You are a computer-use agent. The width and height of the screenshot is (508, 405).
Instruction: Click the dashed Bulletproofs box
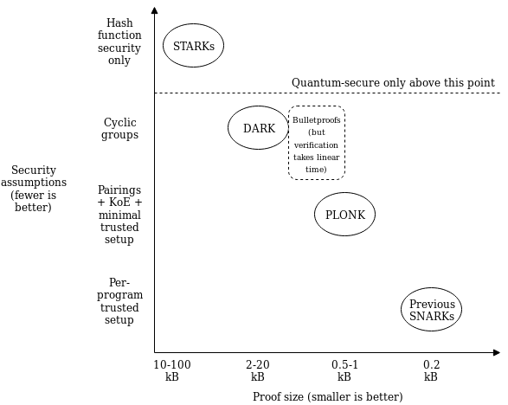point(288,143)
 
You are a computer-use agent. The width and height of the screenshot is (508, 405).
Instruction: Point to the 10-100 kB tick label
point(172,370)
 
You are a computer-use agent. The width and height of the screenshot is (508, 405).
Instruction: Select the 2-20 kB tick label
point(258,370)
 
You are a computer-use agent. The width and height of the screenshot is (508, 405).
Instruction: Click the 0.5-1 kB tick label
point(344,370)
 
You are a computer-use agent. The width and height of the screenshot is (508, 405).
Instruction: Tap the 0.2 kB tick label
point(431,370)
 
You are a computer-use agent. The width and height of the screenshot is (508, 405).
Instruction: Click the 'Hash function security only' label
point(119,42)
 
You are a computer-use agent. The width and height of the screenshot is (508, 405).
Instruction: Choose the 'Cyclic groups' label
point(119,129)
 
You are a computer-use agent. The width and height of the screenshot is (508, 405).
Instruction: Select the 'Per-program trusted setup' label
point(119,301)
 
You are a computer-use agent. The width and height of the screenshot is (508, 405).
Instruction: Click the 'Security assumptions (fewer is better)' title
point(34,189)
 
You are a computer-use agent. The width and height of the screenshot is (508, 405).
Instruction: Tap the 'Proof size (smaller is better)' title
point(327,396)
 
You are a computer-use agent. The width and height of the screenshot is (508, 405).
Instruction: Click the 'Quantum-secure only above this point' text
point(393,82)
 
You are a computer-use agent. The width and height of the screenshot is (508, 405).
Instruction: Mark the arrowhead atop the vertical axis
point(155,10)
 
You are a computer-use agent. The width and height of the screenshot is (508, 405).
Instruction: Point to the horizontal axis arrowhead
point(497,352)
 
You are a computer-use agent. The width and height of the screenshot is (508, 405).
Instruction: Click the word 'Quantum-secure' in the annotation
point(336,82)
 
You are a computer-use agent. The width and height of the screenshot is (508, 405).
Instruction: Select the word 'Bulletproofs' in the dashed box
point(317,120)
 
